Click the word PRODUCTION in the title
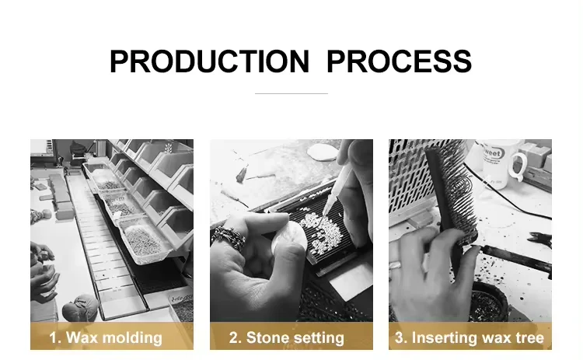[x=209, y=61]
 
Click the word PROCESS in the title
[x=399, y=61]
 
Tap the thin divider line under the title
[x=291, y=93]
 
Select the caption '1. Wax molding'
[x=106, y=337]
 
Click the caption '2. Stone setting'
[x=287, y=337]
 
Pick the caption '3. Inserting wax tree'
[x=470, y=337]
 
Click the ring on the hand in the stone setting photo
[x=229, y=237]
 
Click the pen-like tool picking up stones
[x=337, y=190]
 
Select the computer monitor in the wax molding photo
[x=42, y=148]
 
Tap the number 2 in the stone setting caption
[x=233, y=337]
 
